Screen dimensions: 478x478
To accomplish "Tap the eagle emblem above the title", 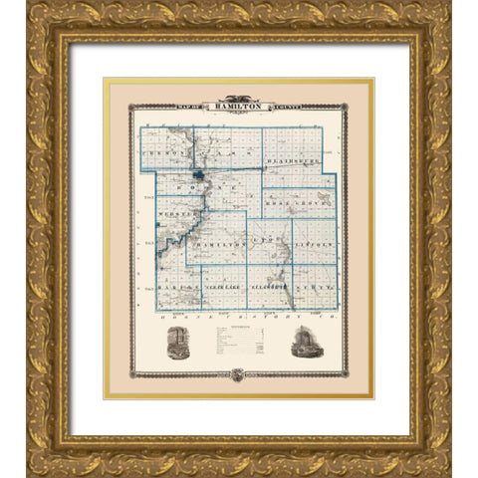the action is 239,102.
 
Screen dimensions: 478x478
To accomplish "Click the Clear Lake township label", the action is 222,287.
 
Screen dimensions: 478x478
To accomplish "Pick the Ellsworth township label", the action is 269,287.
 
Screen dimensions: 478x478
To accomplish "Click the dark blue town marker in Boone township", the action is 200,177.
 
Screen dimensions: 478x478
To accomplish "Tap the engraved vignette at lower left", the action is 178,342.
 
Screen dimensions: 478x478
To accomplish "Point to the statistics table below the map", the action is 239,345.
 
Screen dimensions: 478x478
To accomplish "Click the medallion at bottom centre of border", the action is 239,375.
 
